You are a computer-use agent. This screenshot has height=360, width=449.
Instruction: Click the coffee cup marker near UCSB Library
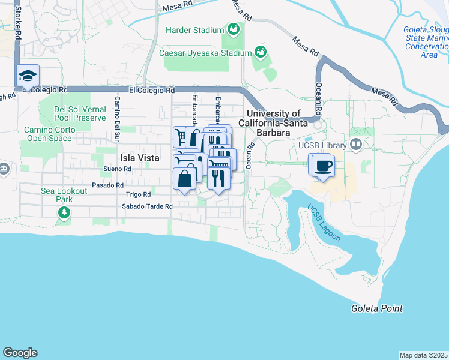click(x=323, y=166)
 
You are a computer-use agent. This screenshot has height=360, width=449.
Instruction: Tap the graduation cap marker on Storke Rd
click(x=28, y=76)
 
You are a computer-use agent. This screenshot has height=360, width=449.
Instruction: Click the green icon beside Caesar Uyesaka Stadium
click(x=260, y=52)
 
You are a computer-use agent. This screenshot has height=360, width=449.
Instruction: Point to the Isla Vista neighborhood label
click(x=140, y=158)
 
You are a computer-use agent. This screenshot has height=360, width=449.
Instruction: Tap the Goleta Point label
click(x=376, y=308)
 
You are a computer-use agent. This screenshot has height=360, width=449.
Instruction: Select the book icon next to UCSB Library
click(x=356, y=145)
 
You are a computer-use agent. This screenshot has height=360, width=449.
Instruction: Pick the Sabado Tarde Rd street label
click(x=147, y=206)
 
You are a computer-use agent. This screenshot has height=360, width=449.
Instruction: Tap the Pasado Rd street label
click(x=108, y=185)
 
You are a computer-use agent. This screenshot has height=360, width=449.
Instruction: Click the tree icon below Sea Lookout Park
click(x=64, y=212)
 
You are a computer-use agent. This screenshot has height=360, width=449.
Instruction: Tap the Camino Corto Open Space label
click(x=50, y=134)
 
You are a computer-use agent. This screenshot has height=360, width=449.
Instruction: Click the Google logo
click(x=20, y=353)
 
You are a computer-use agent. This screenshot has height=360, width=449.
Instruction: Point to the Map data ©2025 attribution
click(x=424, y=355)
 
